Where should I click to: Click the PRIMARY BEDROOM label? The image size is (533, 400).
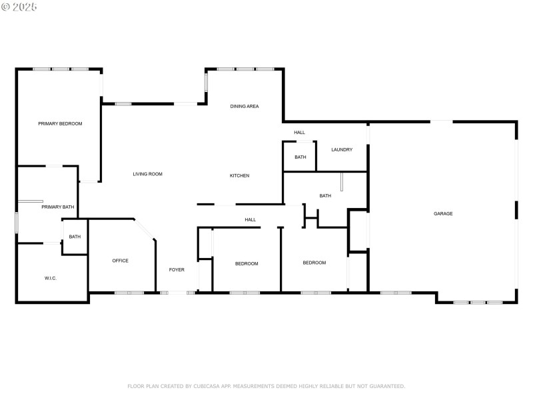[60, 123]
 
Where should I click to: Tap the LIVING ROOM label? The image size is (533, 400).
[147, 174]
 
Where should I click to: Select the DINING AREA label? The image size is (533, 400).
[245, 106]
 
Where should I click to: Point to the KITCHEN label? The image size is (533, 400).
[240, 175]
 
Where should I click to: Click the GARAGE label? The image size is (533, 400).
[443, 213]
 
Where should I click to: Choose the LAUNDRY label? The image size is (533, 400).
[342, 149]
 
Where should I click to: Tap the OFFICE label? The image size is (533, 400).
[120, 261]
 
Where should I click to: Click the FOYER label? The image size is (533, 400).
[177, 269]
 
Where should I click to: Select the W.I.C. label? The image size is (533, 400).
[51, 278]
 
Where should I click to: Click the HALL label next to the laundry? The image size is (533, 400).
[300, 132]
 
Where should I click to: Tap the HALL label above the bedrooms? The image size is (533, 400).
[250, 219]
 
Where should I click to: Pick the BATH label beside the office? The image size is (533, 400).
[75, 237]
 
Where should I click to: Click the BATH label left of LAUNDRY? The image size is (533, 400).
[300, 157]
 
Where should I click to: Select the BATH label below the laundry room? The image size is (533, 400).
[325, 195]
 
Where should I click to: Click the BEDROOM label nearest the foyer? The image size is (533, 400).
[247, 263]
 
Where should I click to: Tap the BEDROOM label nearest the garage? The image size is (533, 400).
[314, 263]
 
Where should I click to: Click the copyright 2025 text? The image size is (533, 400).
[19, 7]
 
